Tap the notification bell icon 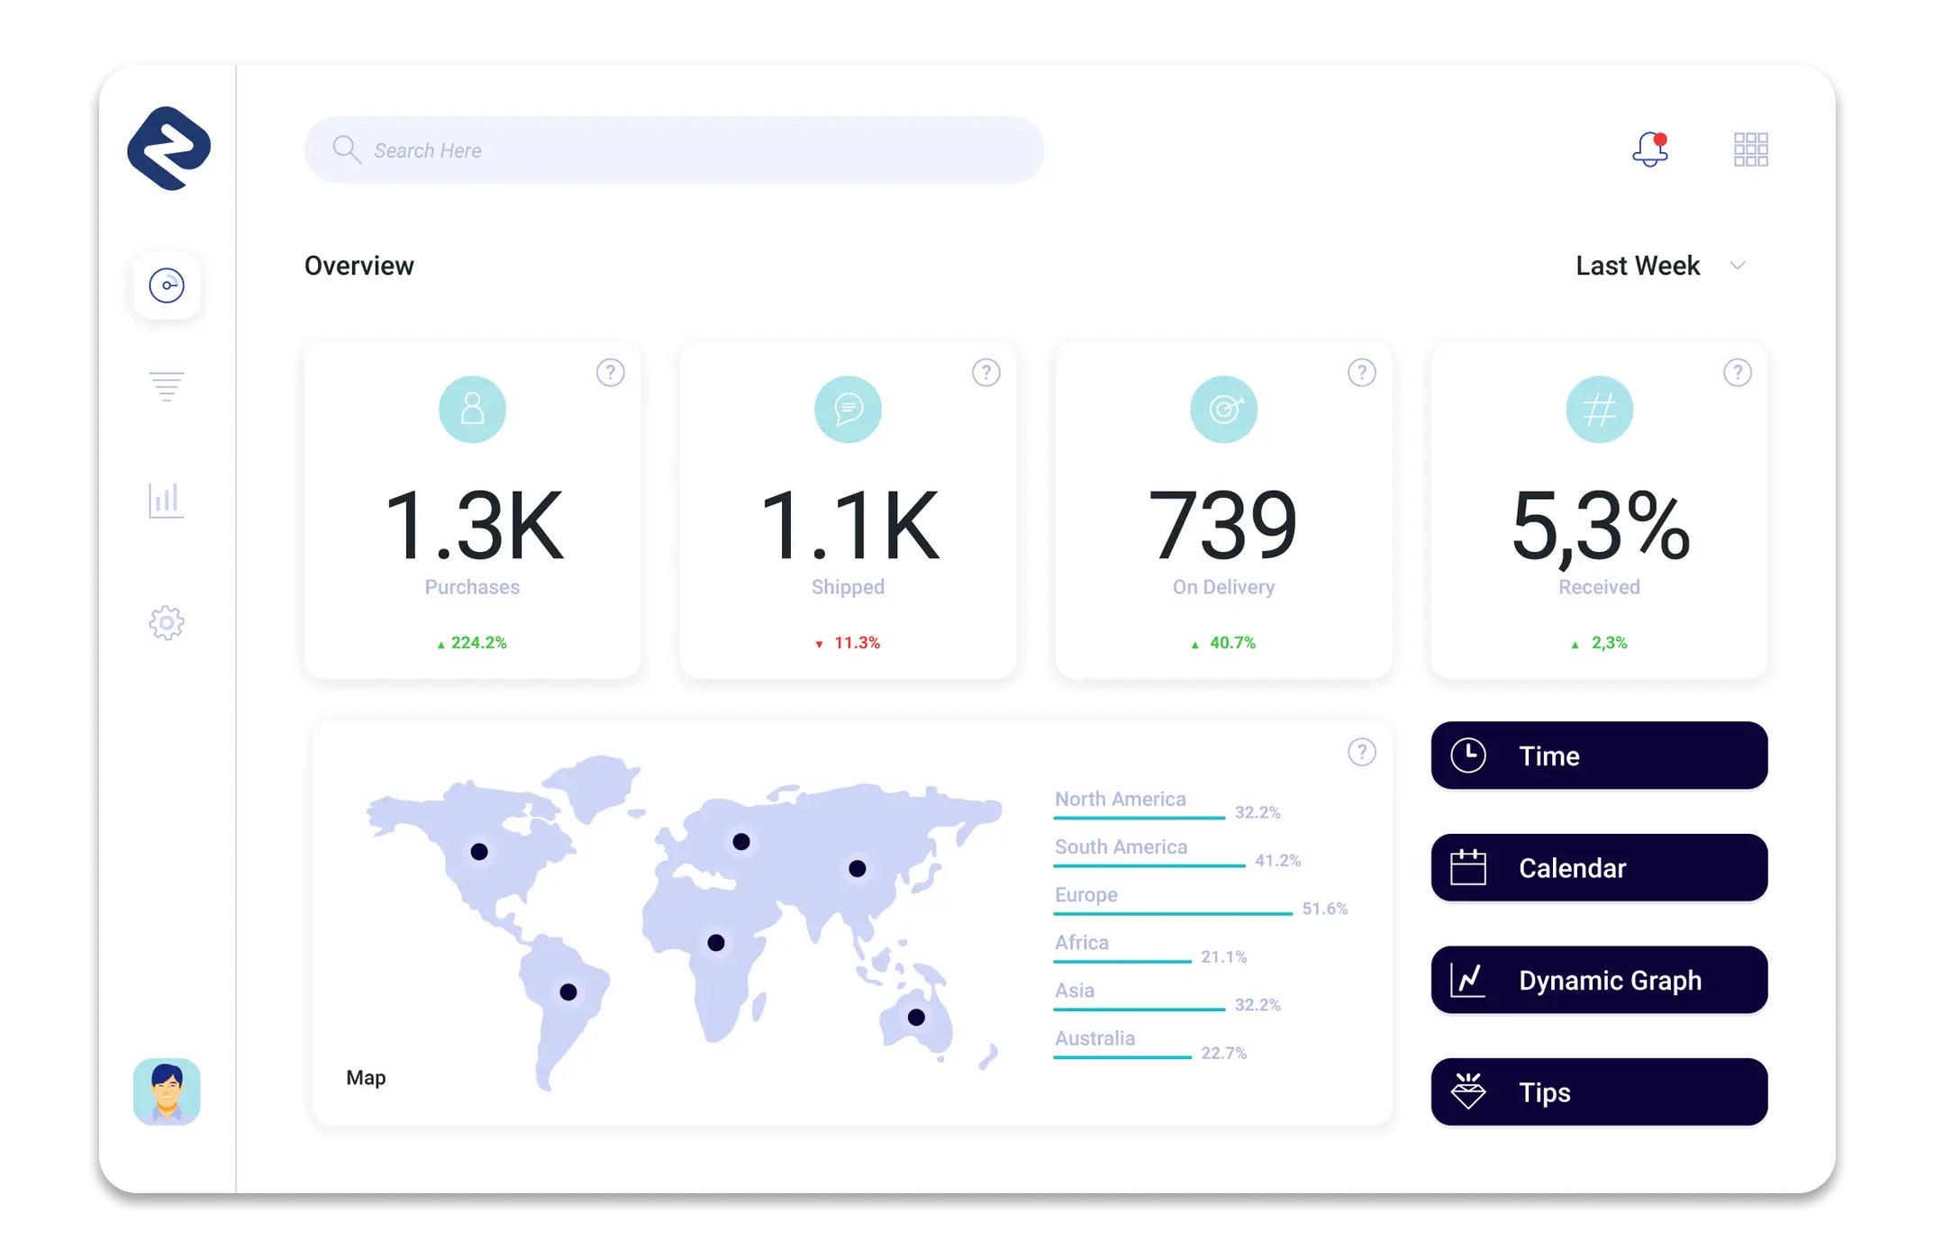(x=1649, y=149)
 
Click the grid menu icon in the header (x=1750, y=149)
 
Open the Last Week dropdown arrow (x=1738, y=266)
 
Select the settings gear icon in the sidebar (x=167, y=622)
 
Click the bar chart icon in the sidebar (x=167, y=500)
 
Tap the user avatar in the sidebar (x=167, y=1091)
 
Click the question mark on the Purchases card (x=610, y=373)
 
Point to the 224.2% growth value (x=477, y=643)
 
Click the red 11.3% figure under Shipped (x=856, y=643)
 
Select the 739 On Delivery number (x=1222, y=526)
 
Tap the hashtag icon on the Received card (x=1599, y=410)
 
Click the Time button (x=1599, y=756)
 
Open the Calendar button (x=1599, y=868)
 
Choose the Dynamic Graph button (x=1599, y=980)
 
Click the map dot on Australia (x=916, y=1018)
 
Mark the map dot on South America (x=568, y=992)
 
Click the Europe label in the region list (x=1086, y=895)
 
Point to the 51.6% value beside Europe (x=1324, y=909)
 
